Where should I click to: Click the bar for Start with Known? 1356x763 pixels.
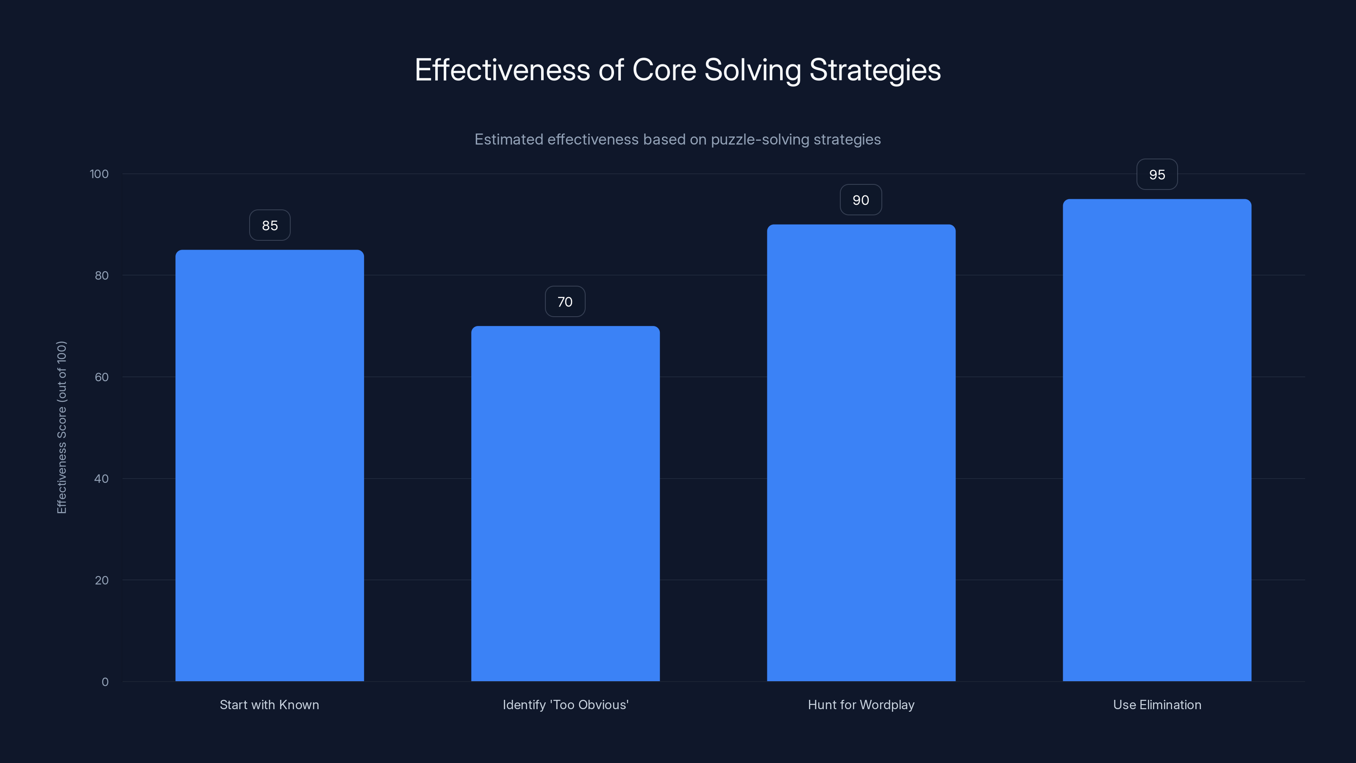[x=270, y=465]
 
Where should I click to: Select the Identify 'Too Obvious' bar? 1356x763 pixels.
[x=565, y=504]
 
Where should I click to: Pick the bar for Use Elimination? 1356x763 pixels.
[x=1157, y=440]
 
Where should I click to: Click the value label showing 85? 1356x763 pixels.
[x=270, y=226]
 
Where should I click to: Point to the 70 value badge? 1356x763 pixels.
[x=565, y=302]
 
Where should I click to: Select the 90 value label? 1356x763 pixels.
[x=861, y=200]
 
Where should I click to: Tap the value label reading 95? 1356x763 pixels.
[x=1157, y=175]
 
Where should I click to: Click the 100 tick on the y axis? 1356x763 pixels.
[x=99, y=174]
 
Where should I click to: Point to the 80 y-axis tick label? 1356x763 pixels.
[x=102, y=276]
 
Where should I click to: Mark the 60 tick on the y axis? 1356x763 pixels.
[x=102, y=377]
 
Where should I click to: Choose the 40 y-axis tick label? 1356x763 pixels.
[x=102, y=479]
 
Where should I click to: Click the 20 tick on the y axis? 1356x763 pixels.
[x=102, y=580]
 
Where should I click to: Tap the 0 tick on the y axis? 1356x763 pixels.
[x=105, y=682]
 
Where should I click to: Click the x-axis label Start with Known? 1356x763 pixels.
[x=270, y=705]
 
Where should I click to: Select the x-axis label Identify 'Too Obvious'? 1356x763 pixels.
[x=565, y=705]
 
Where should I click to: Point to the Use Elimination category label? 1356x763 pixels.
[x=1157, y=705]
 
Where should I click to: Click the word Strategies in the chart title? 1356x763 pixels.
[x=875, y=70]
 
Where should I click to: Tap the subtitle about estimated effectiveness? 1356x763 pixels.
[x=678, y=139]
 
